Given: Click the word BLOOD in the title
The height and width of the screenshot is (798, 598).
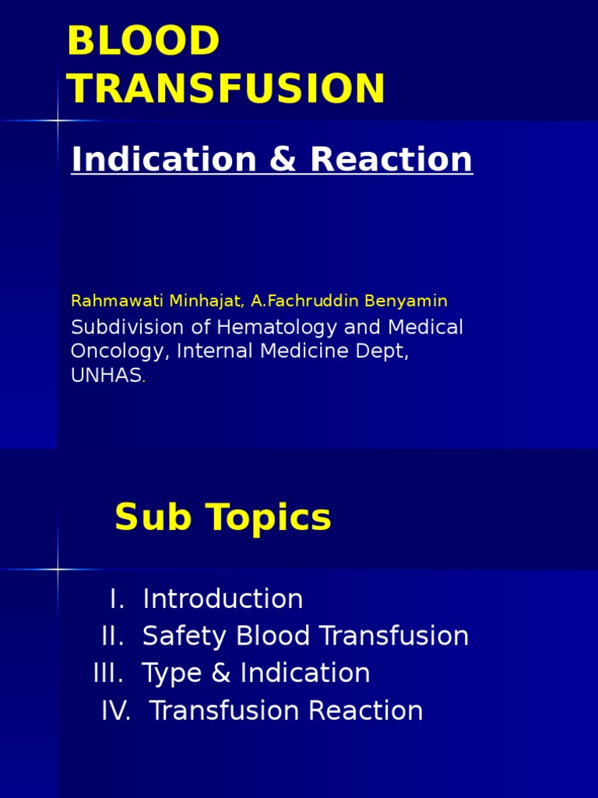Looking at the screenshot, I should point(144,42).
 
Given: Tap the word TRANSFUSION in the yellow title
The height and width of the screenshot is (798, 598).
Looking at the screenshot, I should point(226,89).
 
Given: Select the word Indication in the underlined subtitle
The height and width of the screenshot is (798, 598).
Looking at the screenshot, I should point(163,160).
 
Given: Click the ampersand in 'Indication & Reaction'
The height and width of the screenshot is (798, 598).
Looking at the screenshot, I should point(281,160).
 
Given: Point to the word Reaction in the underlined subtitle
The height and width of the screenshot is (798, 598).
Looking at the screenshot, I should point(391,160).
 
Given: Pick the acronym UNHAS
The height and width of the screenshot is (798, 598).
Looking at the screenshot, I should point(106,376).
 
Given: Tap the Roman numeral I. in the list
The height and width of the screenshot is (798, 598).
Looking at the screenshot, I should point(118,599).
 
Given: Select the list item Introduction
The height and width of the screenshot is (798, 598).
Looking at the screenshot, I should point(223,599).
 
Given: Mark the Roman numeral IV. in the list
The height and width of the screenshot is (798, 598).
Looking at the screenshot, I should point(115,711).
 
